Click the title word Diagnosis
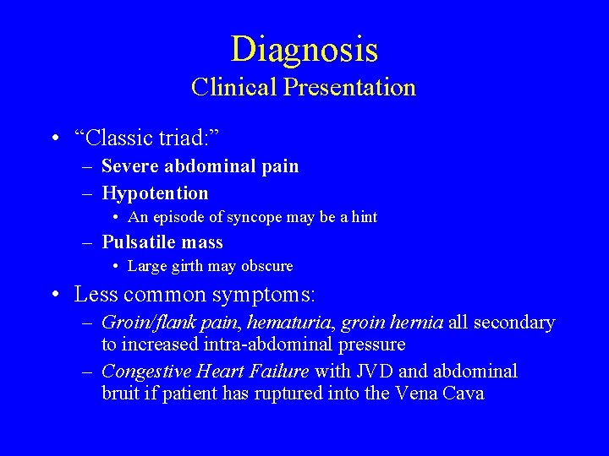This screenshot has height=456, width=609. pyautogui.click(x=304, y=50)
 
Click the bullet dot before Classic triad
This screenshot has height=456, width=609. pyautogui.click(x=53, y=138)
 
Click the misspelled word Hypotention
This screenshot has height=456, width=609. pyautogui.click(x=155, y=193)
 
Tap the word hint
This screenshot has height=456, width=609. pyautogui.click(x=365, y=217)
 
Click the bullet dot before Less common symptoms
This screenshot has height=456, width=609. pyautogui.click(x=53, y=296)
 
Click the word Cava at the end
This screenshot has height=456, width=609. pyautogui.click(x=461, y=394)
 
